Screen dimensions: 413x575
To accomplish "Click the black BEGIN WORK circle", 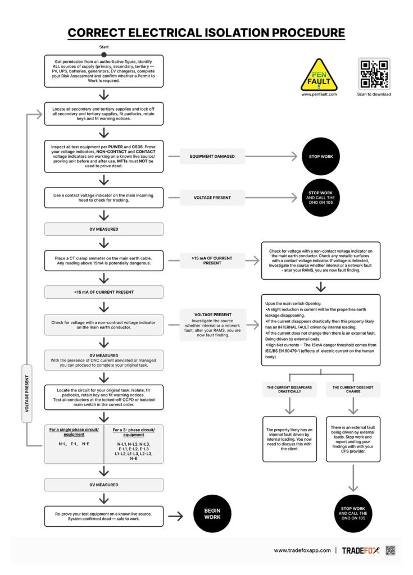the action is point(212,513).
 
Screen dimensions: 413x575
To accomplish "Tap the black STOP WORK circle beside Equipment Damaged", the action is point(321,156).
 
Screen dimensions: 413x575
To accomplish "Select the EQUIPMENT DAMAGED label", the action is point(212,156).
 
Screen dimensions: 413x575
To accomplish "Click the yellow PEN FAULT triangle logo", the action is point(319,75).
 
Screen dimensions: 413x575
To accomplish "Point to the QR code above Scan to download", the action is point(374,74).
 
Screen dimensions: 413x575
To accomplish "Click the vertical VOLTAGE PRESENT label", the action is point(27,394).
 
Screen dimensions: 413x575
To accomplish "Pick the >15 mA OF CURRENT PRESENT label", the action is point(212,261).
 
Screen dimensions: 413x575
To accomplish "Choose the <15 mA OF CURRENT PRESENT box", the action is point(104,292).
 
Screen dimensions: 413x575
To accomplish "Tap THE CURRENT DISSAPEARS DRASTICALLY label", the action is point(289,390).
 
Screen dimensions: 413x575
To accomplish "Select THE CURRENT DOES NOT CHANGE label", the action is point(353,390).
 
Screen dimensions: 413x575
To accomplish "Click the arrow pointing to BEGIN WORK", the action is point(175,517).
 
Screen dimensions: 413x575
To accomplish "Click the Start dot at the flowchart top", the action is point(104,54).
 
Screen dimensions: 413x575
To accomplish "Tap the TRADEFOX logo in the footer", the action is point(361,550).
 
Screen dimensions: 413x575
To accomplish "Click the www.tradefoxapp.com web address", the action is point(302,550).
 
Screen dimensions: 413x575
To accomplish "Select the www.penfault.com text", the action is point(319,94).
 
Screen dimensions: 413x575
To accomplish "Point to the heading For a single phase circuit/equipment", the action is point(74,432).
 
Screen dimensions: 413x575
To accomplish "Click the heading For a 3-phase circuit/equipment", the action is point(134,432).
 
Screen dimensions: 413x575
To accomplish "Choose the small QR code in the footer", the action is point(390,550).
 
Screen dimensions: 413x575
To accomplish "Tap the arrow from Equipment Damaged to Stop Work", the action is point(271,156).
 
